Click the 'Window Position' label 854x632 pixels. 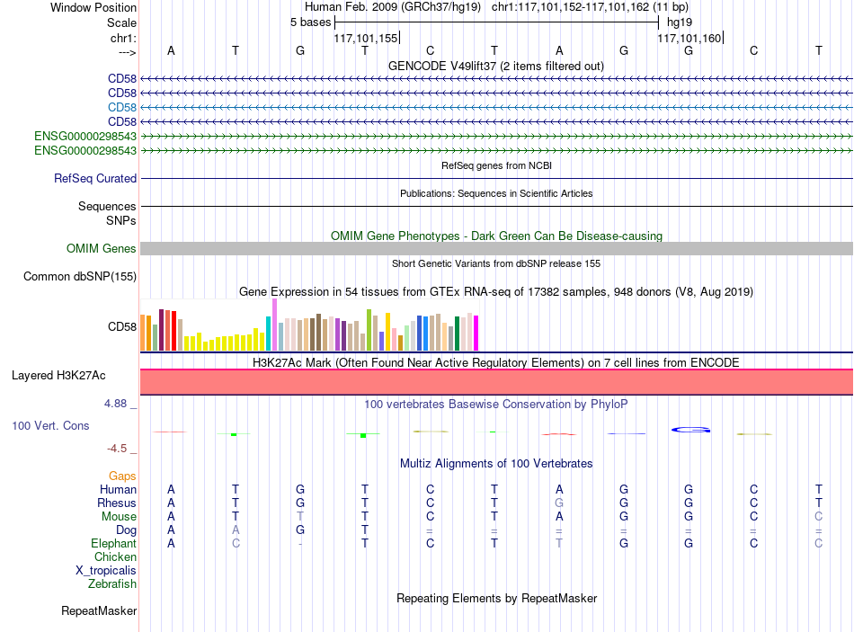click(x=93, y=7)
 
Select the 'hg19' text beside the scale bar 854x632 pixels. click(x=680, y=22)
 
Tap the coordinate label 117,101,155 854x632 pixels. click(x=366, y=38)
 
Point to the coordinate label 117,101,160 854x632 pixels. click(x=689, y=38)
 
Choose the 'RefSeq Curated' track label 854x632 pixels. click(x=95, y=178)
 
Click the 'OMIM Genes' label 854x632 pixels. click(x=102, y=248)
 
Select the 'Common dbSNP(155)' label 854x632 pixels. click(x=80, y=276)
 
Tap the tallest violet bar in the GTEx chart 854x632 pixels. click(x=274, y=325)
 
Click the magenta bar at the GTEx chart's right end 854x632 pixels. click(x=476, y=333)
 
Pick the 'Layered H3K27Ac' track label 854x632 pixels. click(x=58, y=376)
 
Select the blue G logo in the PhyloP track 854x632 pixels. click(x=690, y=430)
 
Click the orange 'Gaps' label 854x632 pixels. click(x=122, y=476)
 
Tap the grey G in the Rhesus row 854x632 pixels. click(x=559, y=503)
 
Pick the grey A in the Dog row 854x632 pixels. click(x=236, y=530)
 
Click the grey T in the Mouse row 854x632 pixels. click(x=300, y=517)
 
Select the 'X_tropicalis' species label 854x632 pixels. click(x=106, y=571)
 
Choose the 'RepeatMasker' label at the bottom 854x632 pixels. click(x=99, y=610)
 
